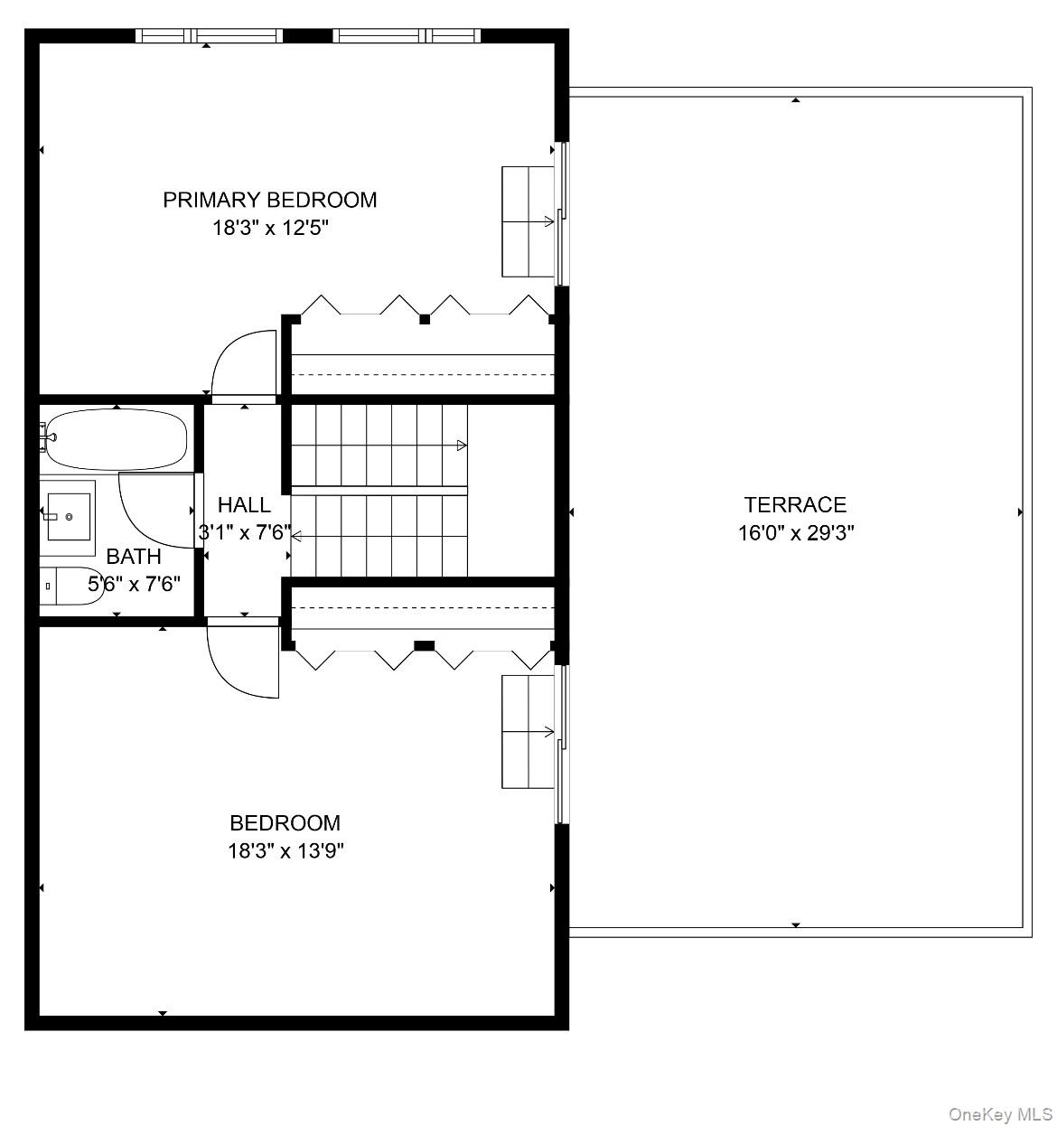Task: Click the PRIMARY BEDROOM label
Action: pos(269,200)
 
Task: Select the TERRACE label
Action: pos(795,504)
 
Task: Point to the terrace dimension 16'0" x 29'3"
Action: pos(795,532)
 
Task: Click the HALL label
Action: pos(244,504)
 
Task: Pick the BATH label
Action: pos(134,557)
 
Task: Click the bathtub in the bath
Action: pos(117,439)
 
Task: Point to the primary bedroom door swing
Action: pos(239,361)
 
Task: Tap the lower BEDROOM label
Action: pos(285,822)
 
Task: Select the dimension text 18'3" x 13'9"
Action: pos(285,850)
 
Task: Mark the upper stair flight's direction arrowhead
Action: pos(462,445)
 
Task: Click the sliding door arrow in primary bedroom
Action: pos(548,221)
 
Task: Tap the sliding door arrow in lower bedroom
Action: pos(548,732)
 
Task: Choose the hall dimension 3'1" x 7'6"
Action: pos(244,532)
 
